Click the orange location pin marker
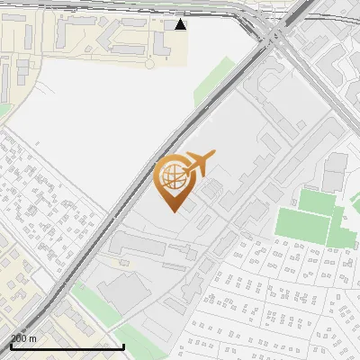[174, 181]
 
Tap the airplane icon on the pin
[197, 163]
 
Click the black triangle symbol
[181, 24]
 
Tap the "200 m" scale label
[24, 338]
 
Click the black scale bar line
[67, 346]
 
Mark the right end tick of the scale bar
[123, 345]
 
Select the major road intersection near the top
[274, 34]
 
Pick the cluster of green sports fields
[310, 216]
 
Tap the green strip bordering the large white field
[213, 81]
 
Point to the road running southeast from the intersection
[324, 99]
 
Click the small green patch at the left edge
[4, 109]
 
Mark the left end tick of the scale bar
[12, 345]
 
